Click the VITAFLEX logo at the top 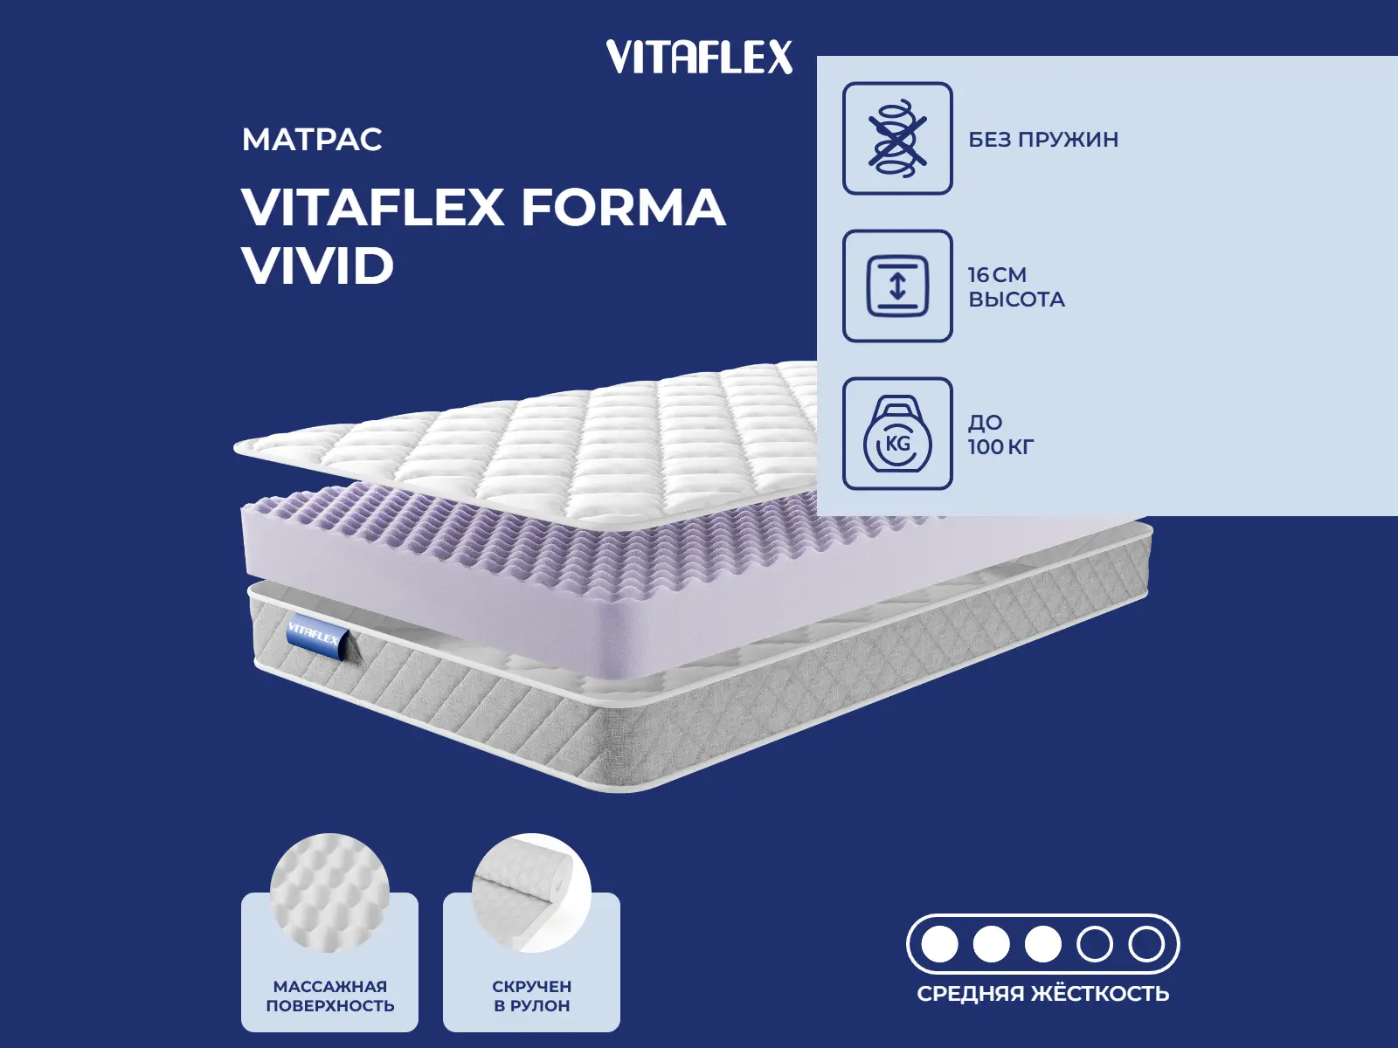[x=699, y=58]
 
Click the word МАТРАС [x=312, y=140]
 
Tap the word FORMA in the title [x=623, y=208]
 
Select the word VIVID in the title [x=318, y=265]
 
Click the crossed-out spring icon [x=897, y=138]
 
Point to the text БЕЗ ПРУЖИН [x=1043, y=140]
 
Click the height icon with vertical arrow [x=897, y=286]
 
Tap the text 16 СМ [x=997, y=274]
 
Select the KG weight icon [x=897, y=434]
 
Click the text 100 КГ [x=1000, y=447]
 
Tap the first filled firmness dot [x=940, y=944]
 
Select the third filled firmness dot [x=1043, y=944]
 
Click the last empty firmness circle [x=1146, y=944]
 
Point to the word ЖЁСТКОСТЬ [x=1100, y=994]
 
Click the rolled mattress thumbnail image [x=531, y=891]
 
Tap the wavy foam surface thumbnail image [x=329, y=891]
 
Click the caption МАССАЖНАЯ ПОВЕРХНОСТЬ [x=329, y=996]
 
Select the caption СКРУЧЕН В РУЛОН [x=531, y=996]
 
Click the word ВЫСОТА [x=1016, y=300]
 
